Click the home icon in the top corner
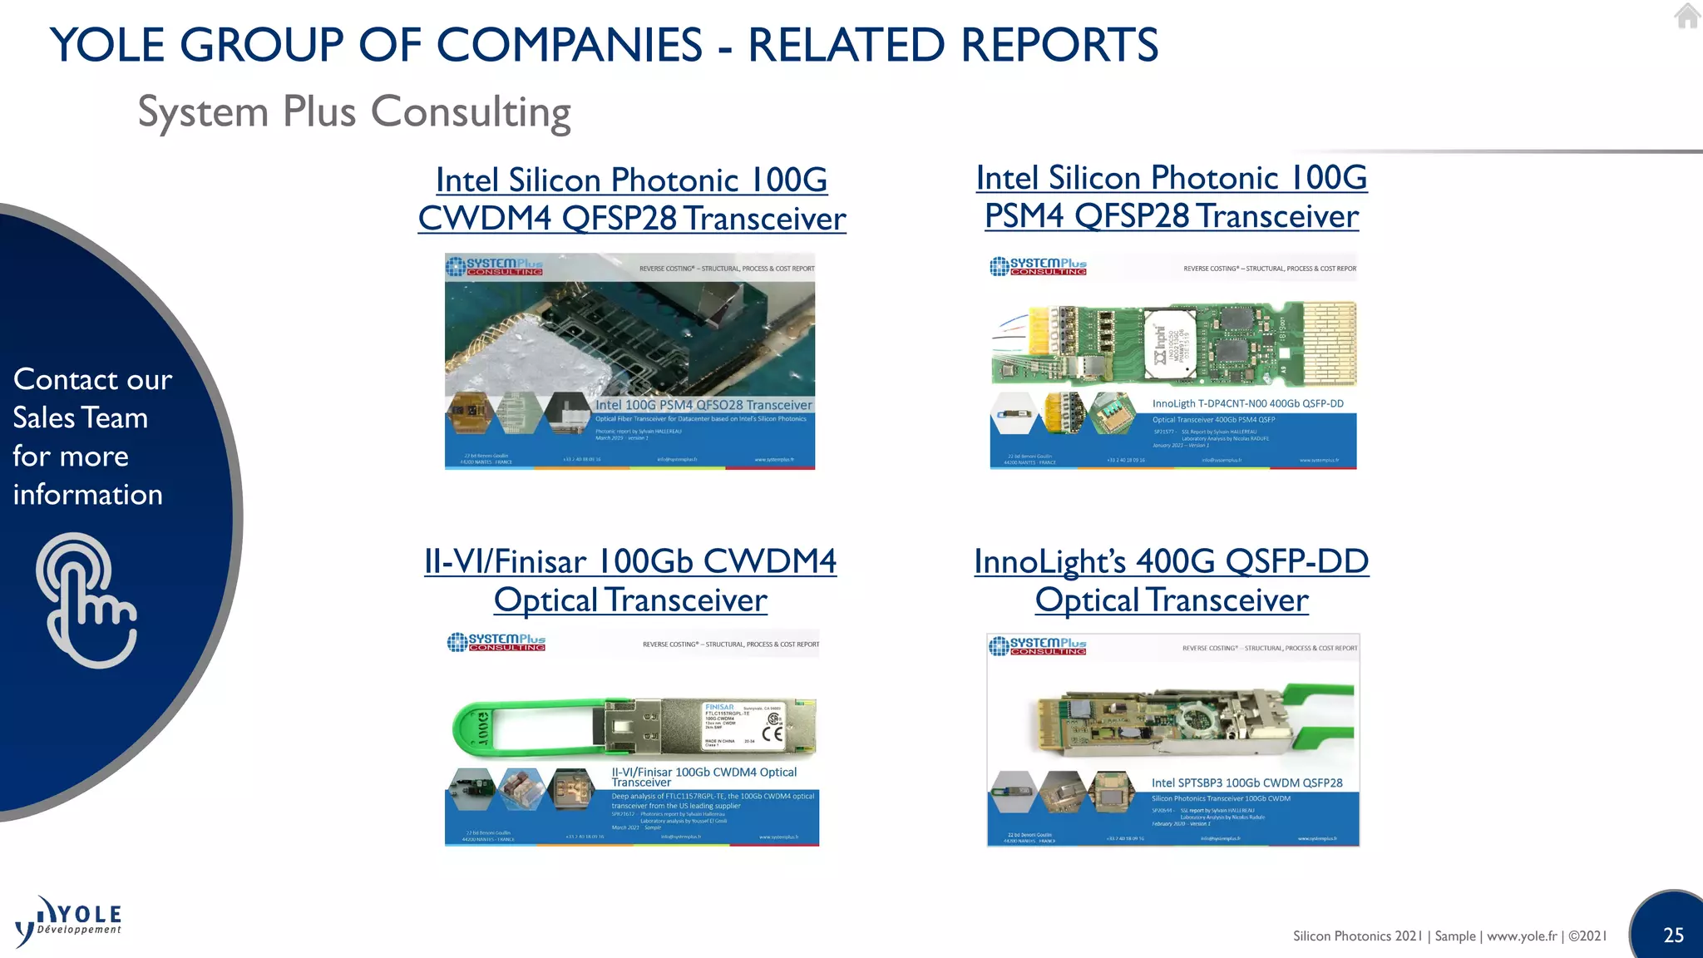pyautogui.click(x=1686, y=16)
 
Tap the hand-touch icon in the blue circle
pyautogui.click(x=86, y=600)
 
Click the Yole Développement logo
pyautogui.click(x=69, y=921)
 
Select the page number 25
pyautogui.click(x=1673, y=935)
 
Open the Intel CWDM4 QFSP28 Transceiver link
pyautogui.click(x=631, y=200)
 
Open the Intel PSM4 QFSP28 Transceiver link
pyautogui.click(x=1171, y=197)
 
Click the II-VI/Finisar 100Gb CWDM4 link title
pyautogui.click(x=630, y=580)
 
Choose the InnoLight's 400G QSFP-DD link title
pyautogui.click(x=1171, y=580)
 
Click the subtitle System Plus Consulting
pyautogui.click(x=354, y=112)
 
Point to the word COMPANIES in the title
pyautogui.click(x=569, y=45)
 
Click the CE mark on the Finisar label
pyautogui.click(x=773, y=733)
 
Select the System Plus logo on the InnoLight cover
pyautogui.click(x=1038, y=645)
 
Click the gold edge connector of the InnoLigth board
pyautogui.click(x=1329, y=343)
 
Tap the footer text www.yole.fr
pyautogui.click(x=1522, y=936)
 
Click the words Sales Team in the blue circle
pyautogui.click(x=81, y=417)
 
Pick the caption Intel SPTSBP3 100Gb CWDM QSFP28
pyautogui.click(x=1246, y=783)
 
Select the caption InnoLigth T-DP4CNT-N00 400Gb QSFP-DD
pyautogui.click(x=1247, y=403)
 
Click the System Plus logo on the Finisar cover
pyautogui.click(x=496, y=642)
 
